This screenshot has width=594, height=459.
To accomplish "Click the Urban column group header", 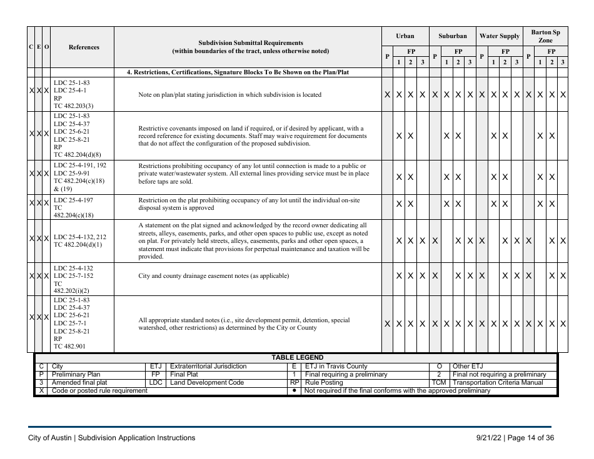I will tap(405, 36).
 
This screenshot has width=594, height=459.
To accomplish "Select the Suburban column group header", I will tap(452, 36).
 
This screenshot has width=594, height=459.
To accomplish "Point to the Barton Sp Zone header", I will tap(545, 36).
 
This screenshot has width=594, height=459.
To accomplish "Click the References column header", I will tap(83, 47).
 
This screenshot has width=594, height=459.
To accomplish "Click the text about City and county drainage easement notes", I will tap(213, 275).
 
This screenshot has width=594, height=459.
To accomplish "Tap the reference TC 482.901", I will tap(71, 345).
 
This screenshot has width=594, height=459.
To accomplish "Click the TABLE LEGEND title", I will tap(297, 357).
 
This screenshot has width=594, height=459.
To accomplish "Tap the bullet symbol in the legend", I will tap(294, 391).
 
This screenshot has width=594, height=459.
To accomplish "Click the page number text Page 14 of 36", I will tap(530, 438).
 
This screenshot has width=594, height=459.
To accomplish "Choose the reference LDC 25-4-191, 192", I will tap(80, 165).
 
